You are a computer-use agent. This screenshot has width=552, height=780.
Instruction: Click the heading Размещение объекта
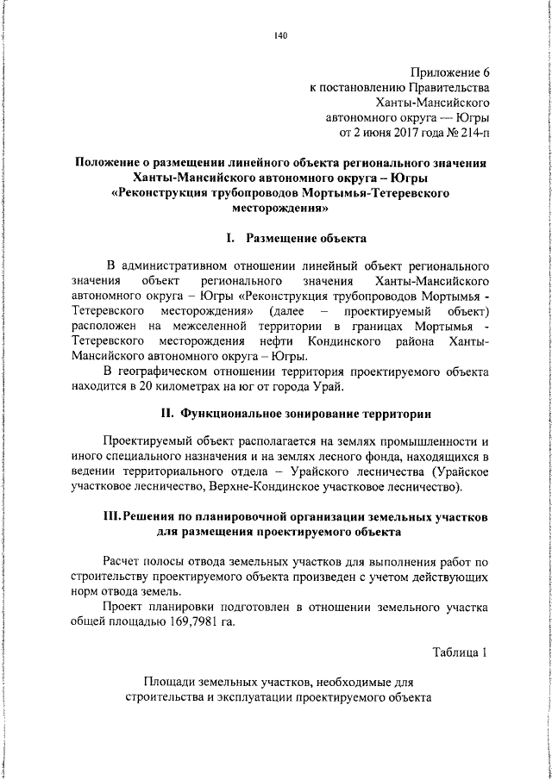304,237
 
